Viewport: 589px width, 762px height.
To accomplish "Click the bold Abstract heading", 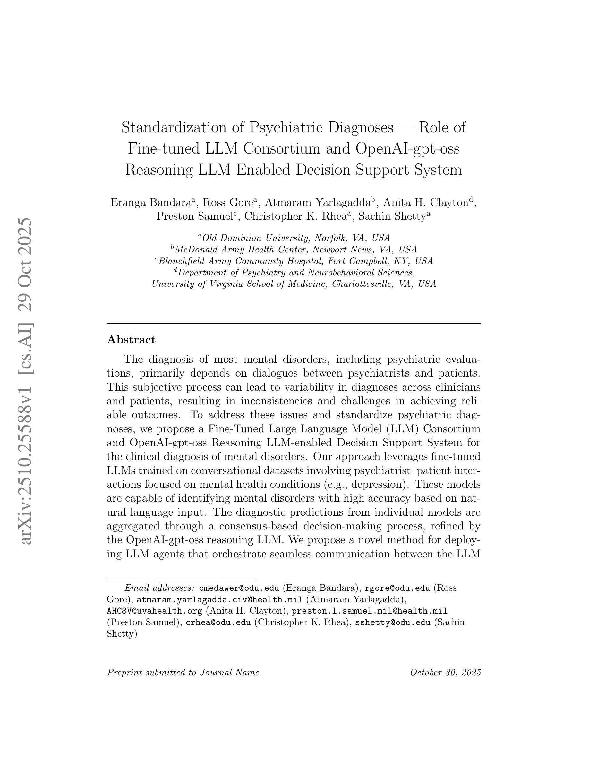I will [x=131, y=340].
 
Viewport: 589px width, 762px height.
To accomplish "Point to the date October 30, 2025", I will [x=445, y=672].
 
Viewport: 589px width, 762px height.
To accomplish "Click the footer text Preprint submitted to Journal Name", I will [x=183, y=672].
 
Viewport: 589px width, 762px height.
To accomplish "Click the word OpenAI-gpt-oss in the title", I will [x=407, y=148].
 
